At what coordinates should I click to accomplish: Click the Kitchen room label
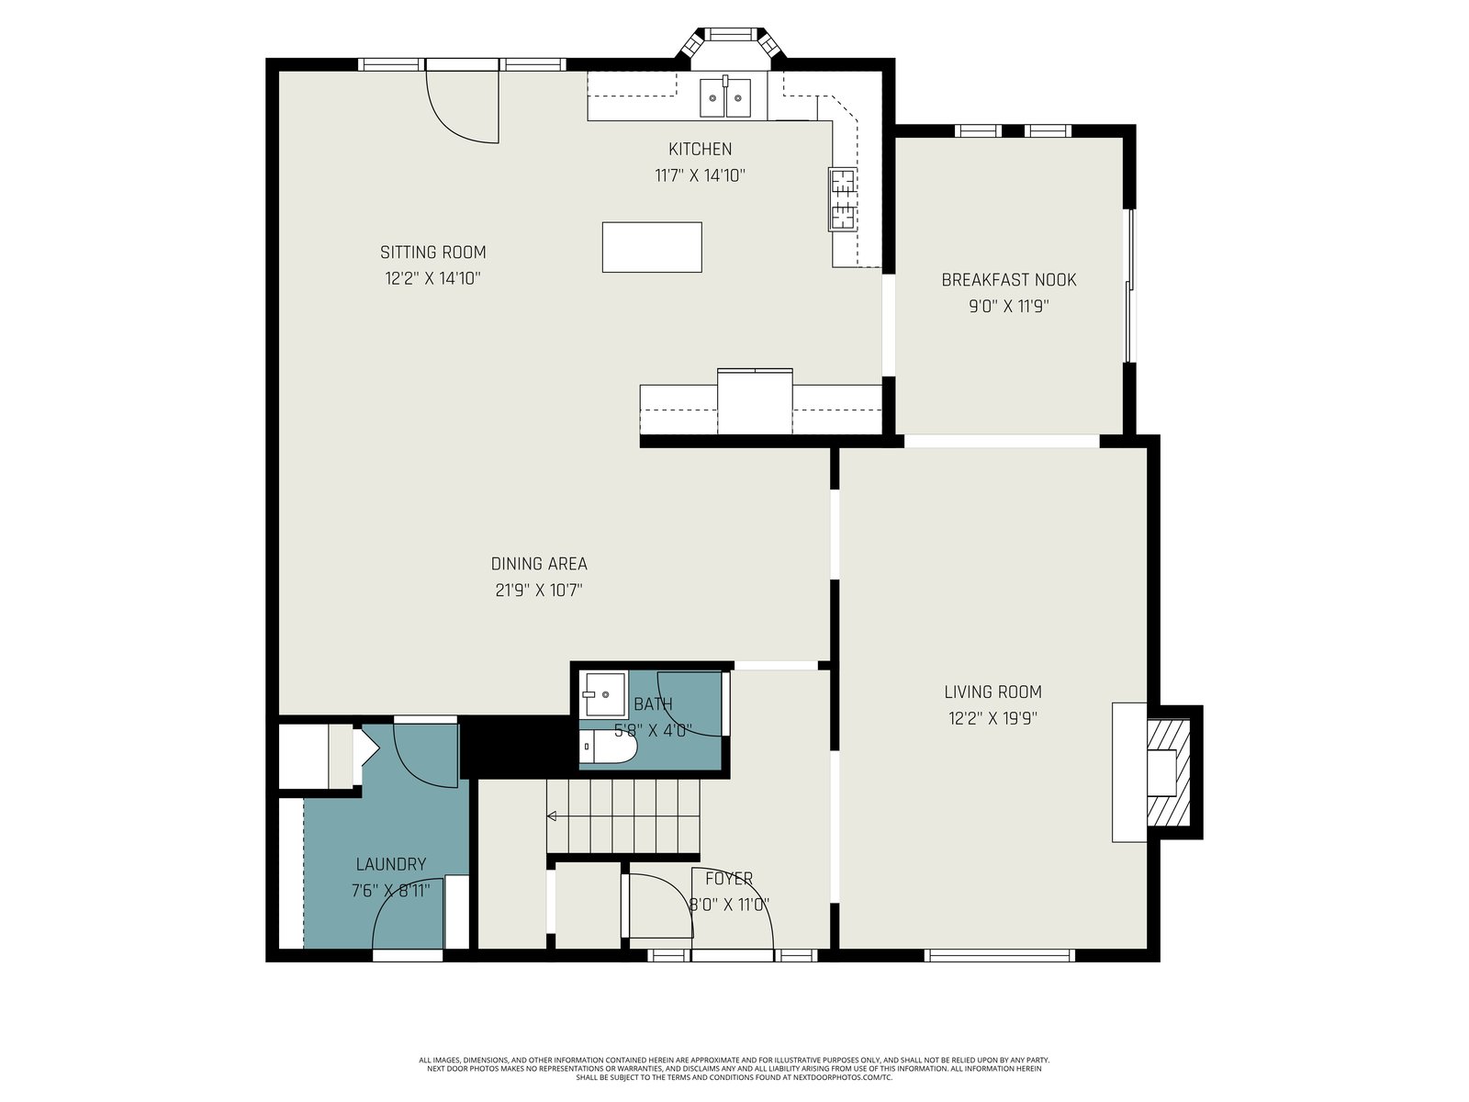[x=700, y=149]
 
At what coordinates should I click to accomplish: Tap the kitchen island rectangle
[x=651, y=247]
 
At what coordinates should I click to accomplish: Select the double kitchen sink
[x=724, y=97]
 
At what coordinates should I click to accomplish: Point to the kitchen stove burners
[x=843, y=198]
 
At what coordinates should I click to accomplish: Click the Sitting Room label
[x=432, y=253]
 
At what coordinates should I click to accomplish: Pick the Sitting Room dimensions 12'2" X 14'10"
[x=432, y=278]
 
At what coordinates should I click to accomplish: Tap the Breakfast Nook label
[x=1008, y=280]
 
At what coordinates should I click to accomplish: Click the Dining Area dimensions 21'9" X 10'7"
[x=539, y=590]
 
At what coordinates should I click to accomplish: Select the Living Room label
[x=992, y=692]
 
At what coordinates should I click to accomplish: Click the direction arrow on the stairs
[x=552, y=815]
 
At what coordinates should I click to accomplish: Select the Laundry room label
[x=390, y=864]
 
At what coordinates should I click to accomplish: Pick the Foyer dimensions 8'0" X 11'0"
[x=729, y=905]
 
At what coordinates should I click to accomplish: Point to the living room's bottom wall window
[x=999, y=955]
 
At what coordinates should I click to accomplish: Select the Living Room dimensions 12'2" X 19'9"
[x=992, y=718]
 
